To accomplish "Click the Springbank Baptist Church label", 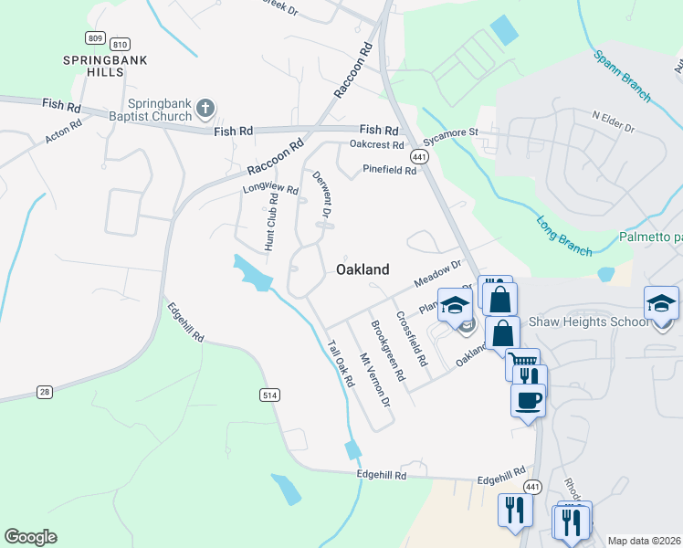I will coord(160,110).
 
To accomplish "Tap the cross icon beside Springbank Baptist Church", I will coord(206,110).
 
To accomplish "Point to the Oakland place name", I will coord(363,269).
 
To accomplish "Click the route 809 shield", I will coord(95,37).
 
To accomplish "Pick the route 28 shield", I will coord(44,392).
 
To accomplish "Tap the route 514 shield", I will coord(268,395).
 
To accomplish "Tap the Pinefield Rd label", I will coord(389,169).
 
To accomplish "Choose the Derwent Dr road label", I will coord(320,194).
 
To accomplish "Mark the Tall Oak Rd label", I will coord(340,363).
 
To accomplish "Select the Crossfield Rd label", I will coord(411,339).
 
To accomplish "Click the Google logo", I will coord(30,537).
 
